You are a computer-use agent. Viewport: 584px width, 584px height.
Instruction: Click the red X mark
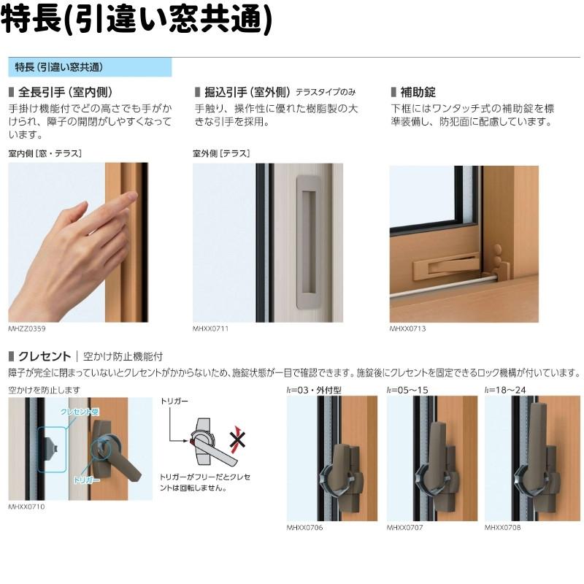point(237,440)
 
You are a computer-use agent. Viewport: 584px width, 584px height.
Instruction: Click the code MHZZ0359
point(26,329)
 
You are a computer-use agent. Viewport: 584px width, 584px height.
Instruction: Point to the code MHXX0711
point(211,329)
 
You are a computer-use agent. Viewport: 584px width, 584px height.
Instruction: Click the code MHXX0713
point(408,329)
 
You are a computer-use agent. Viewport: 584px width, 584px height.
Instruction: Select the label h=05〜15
point(407,390)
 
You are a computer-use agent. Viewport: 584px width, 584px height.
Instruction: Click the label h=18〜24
point(505,390)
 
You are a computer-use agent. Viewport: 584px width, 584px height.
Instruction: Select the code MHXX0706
point(305,526)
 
